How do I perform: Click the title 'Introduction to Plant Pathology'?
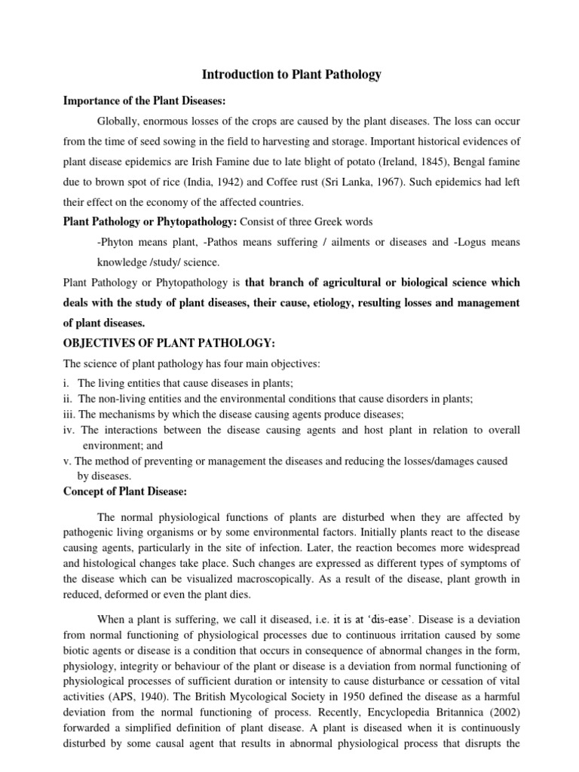(292, 75)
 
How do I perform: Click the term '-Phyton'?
(115, 242)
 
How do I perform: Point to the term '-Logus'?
(461, 242)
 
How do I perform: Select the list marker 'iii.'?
(69, 414)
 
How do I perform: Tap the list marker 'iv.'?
(69, 430)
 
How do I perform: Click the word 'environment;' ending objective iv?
(109, 445)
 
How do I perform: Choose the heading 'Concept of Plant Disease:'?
(124, 492)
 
